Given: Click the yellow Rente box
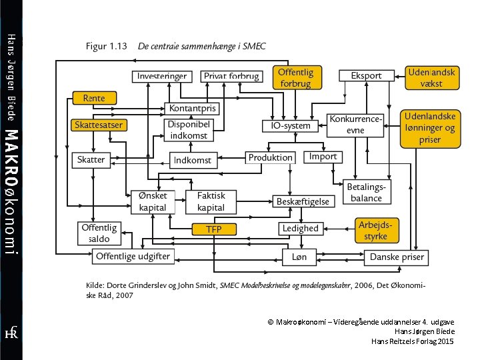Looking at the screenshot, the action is tap(95, 98).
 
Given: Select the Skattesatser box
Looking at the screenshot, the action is tap(99, 125).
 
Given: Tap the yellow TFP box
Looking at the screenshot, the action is tap(214, 229).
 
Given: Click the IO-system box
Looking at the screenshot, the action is tap(290, 126).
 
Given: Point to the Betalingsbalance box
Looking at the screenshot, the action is tap(367, 192).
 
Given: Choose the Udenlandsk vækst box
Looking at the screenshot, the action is tap(432, 78).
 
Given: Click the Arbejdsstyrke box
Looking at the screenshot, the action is tap(377, 231).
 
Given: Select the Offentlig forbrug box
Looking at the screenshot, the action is tap(297, 77).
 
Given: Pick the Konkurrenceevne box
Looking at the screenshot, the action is tap(355, 125).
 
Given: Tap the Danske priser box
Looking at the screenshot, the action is tap(396, 257).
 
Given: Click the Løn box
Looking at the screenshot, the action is tap(299, 257).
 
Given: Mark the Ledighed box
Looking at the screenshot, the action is tap(301, 229).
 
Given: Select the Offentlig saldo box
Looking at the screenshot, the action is tap(99, 233).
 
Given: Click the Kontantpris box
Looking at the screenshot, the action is tap(192, 109).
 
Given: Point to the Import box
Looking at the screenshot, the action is tap(323, 157).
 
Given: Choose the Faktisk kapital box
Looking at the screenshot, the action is tap(211, 202).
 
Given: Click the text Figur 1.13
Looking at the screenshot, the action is tap(106, 46).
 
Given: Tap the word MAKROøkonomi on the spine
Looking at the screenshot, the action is tap(11, 192).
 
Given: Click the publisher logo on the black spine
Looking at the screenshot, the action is tap(11, 333).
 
